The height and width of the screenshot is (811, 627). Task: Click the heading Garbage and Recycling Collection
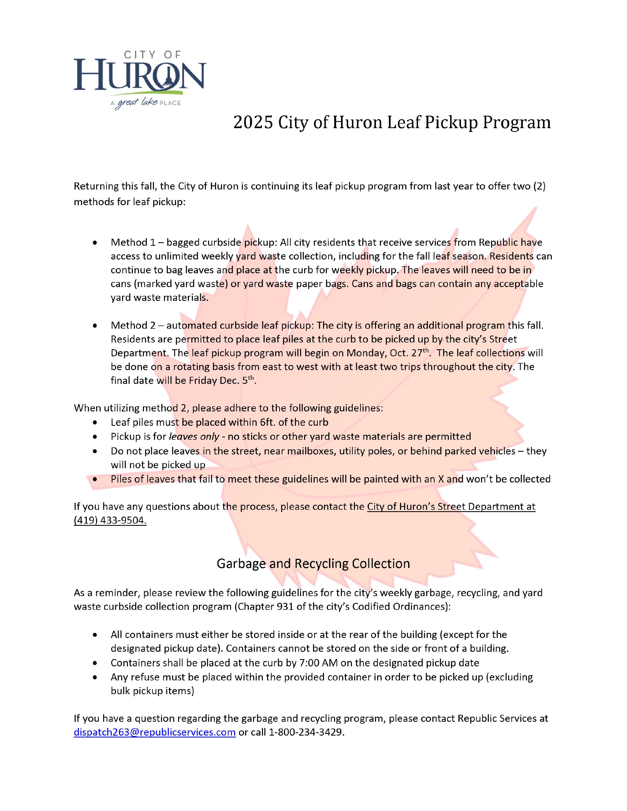(313, 563)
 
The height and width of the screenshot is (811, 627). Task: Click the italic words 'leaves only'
(194, 436)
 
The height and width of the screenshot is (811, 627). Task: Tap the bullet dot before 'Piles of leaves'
(95, 479)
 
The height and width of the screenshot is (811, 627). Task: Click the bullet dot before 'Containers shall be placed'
(95, 663)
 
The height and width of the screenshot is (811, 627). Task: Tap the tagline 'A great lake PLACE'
(146, 103)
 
